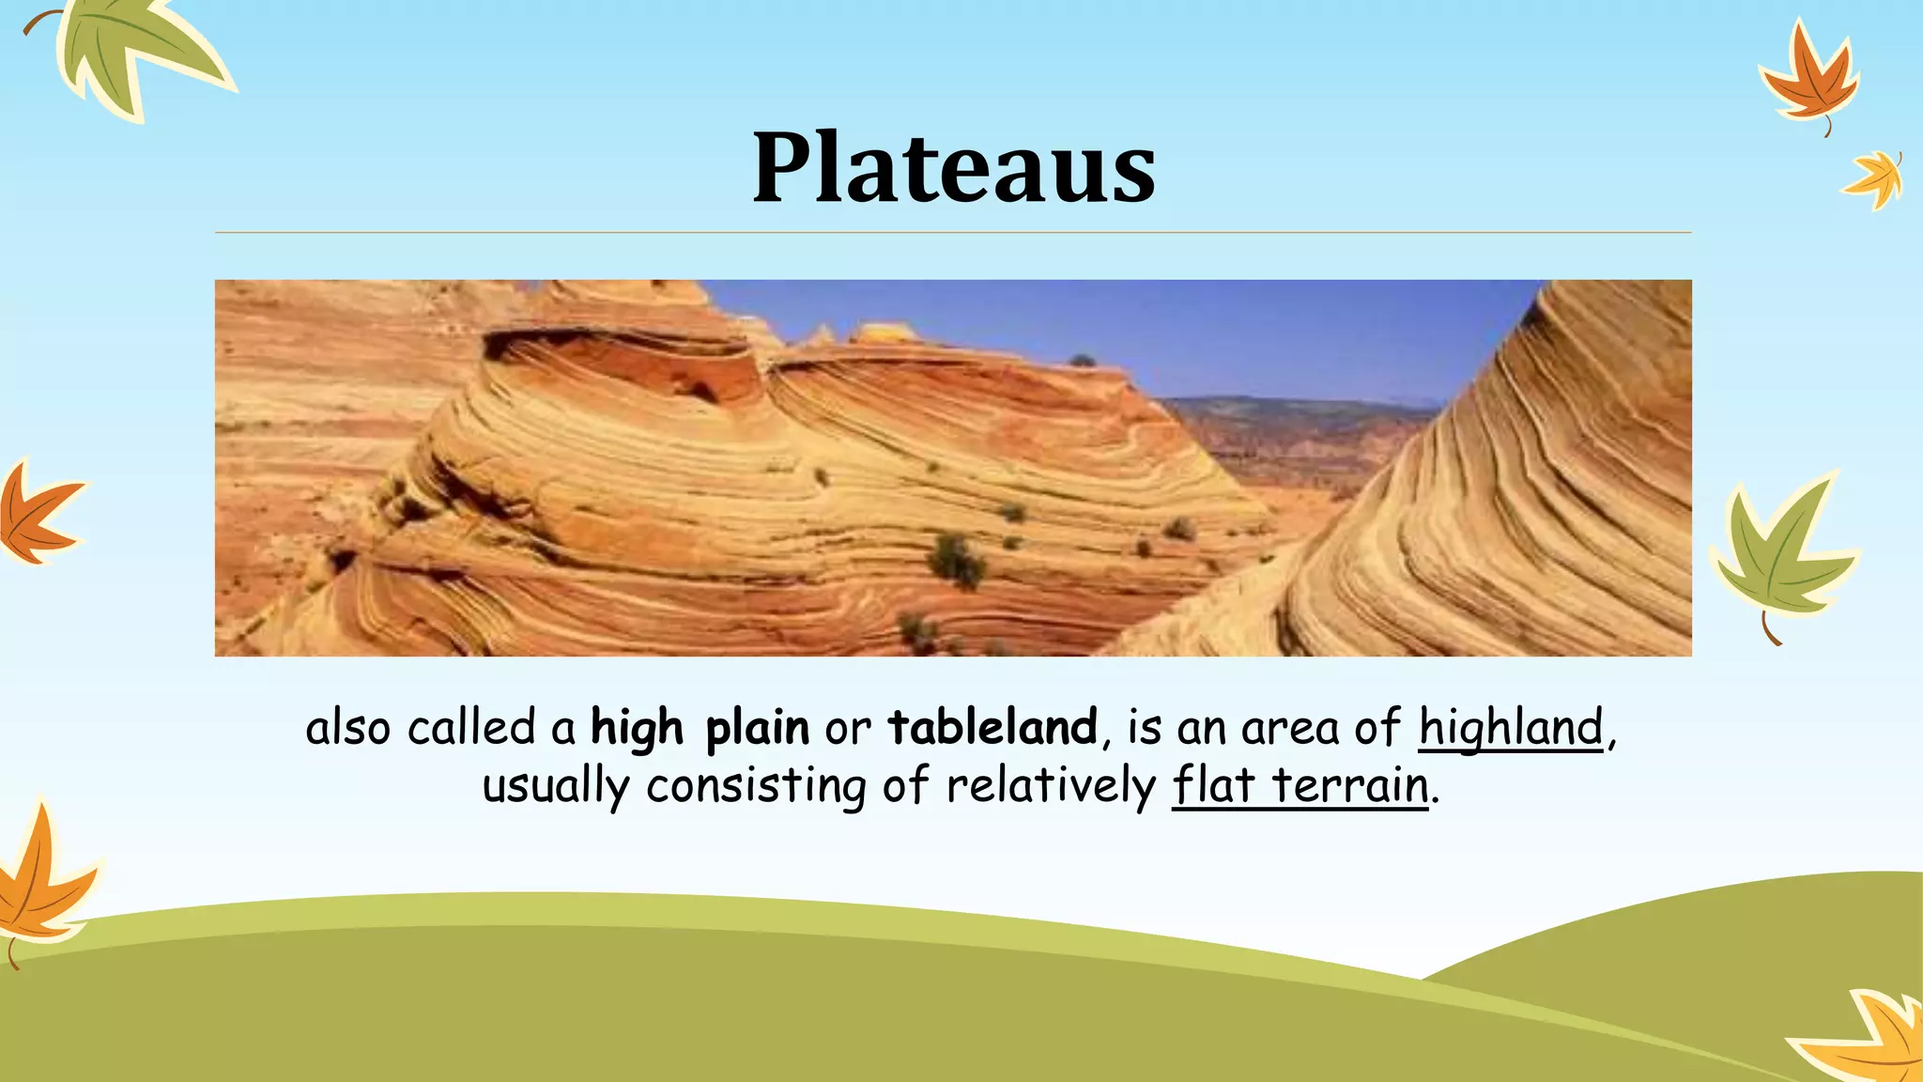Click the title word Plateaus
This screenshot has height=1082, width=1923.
pos(954,168)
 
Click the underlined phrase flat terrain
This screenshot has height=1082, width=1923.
pos(1300,786)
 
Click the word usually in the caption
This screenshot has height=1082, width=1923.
pos(555,786)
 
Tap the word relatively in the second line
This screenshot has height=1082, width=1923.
pos(1051,786)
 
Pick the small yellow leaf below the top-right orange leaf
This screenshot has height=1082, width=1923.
pos(1876,178)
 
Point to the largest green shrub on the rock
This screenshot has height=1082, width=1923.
pos(956,560)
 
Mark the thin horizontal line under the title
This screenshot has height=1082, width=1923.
pos(953,232)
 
